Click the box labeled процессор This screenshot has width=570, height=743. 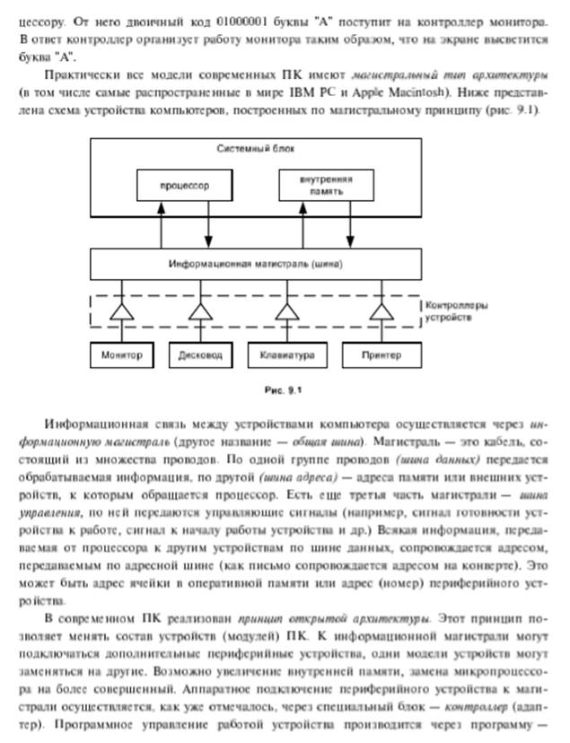click(x=185, y=186)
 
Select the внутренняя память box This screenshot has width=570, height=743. click(x=326, y=186)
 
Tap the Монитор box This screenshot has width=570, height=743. click(x=123, y=354)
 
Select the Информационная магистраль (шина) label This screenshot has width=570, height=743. click(x=256, y=265)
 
